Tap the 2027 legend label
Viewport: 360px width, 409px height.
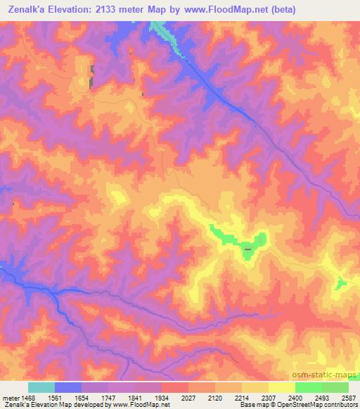tap(188, 397)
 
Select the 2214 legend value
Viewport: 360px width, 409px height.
tap(242, 397)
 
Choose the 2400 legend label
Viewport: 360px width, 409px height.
tap(295, 397)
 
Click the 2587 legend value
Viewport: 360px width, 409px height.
tap(347, 397)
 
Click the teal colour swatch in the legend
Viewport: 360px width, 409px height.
tap(41, 387)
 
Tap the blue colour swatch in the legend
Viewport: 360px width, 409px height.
tap(68, 387)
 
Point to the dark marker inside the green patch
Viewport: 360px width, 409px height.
tap(247, 249)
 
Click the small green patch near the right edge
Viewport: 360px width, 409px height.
tap(341, 283)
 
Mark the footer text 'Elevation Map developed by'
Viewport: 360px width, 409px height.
tap(69, 405)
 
